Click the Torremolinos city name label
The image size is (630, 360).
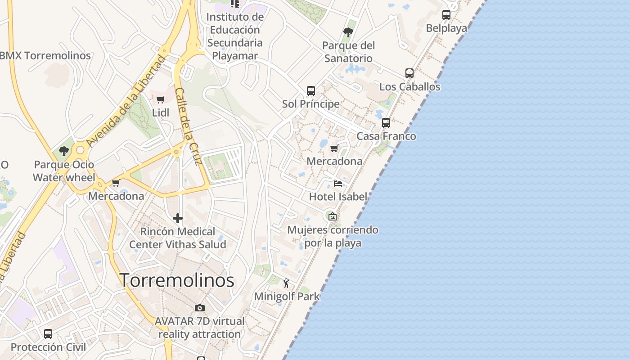(177, 280)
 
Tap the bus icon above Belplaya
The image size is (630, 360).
(446, 15)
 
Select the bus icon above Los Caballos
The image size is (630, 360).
(409, 73)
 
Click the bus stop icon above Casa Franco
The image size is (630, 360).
(386, 123)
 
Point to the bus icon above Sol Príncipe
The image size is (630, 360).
(311, 91)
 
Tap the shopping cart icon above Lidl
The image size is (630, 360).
(161, 99)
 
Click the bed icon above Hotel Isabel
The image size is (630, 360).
(338, 184)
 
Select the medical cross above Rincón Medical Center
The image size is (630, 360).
(178, 219)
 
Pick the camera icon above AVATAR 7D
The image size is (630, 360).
(200, 308)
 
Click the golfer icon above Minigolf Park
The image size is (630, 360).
(286, 283)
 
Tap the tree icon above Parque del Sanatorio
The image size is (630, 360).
(348, 32)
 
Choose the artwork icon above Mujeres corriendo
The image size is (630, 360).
(333, 216)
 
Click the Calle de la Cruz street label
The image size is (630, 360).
(187, 126)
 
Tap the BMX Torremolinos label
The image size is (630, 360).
(45, 56)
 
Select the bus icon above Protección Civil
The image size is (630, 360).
(48, 334)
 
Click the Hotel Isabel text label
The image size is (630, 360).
(338, 197)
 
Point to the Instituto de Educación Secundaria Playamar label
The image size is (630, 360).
(235, 36)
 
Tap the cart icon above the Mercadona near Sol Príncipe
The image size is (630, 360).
(334, 148)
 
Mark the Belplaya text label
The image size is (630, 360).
(446, 28)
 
